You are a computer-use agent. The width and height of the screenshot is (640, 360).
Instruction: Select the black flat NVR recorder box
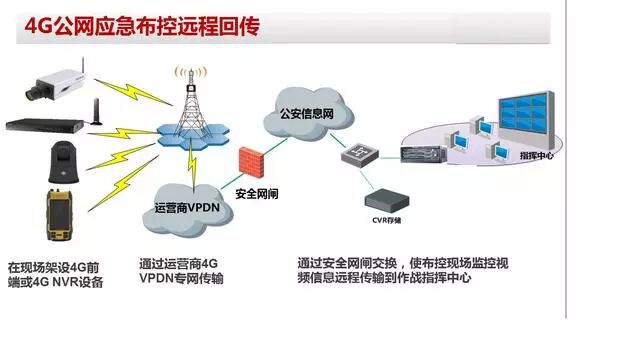(45, 125)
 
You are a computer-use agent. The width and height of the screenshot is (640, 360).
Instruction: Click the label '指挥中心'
(537, 157)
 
